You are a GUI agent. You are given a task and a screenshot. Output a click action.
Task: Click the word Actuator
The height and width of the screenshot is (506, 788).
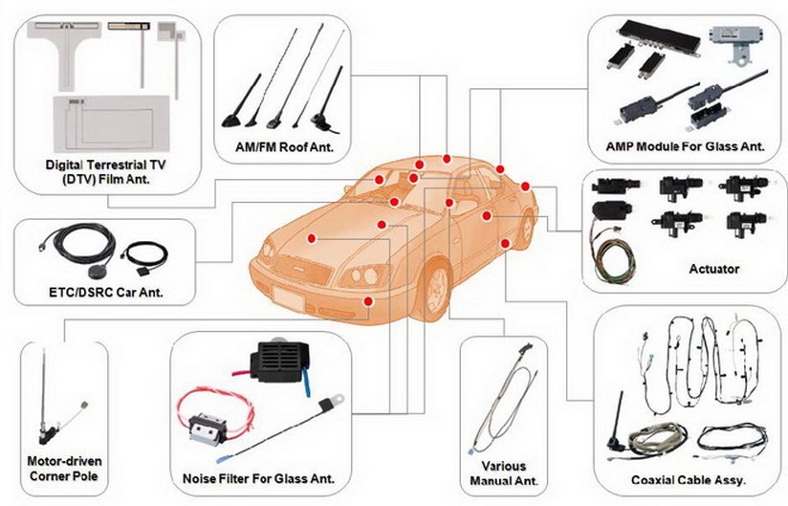click(x=714, y=269)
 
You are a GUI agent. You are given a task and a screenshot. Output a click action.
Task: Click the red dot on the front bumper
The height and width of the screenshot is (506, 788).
click(x=368, y=301)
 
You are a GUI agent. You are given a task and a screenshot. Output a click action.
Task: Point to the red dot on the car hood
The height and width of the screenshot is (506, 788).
click(x=312, y=237)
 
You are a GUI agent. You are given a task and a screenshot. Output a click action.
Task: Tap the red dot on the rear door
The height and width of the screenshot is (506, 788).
click(x=487, y=217)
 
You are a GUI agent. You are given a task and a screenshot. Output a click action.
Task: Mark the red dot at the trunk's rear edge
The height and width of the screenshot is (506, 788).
click(x=525, y=186)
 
